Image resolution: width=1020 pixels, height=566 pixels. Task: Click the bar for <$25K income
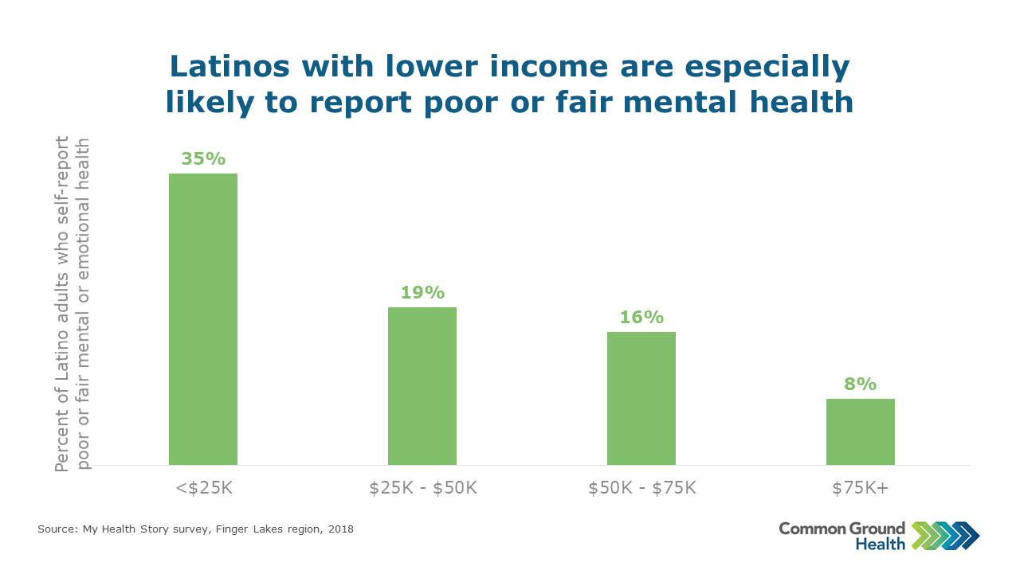tap(203, 318)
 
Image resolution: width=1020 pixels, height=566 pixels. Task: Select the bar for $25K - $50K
tap(422, 386)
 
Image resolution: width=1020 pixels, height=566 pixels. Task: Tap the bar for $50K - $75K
tap(641, 398)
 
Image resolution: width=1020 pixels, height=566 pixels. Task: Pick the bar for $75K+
tap(861, 431)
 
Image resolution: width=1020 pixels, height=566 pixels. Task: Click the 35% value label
tap(203, 158)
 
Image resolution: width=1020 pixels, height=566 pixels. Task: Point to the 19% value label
tap(422, 292)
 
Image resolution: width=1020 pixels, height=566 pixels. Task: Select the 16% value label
tap(641, 317)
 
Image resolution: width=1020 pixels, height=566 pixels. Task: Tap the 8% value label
tap(861, 384)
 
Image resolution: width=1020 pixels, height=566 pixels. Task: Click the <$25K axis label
tap(204, 487)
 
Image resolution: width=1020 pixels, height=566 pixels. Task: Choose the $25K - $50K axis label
tap(423, 487)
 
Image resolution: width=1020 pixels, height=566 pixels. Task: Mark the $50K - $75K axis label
tap(642, 487)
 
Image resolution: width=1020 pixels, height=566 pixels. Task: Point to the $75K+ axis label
tap(861, 487)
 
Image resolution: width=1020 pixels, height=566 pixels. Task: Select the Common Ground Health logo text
tap(842, 536)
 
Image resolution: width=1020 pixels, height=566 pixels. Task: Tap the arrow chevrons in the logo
tap(945, 536)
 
